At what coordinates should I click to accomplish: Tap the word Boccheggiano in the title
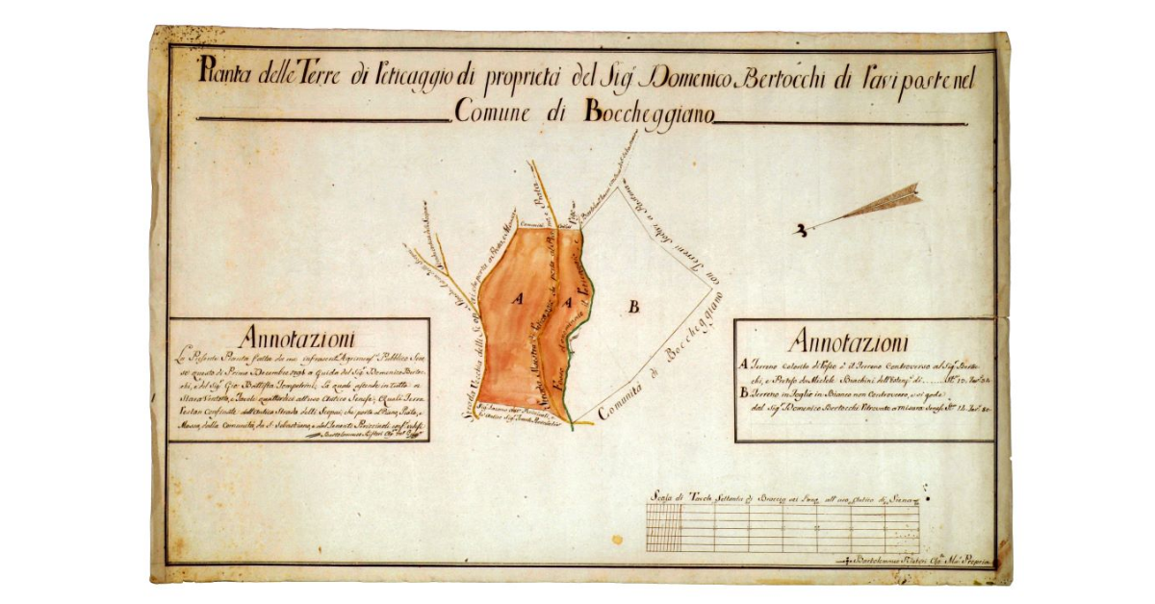point(647,113)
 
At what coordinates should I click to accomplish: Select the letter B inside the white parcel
point(633,307)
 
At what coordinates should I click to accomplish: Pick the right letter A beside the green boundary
point(569,304)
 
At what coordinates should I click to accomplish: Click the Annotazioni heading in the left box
point(298,339)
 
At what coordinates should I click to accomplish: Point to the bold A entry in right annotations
point(744,364)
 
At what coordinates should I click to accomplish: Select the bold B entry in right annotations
point(744,392)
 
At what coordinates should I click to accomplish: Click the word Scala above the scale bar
point(660,497)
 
